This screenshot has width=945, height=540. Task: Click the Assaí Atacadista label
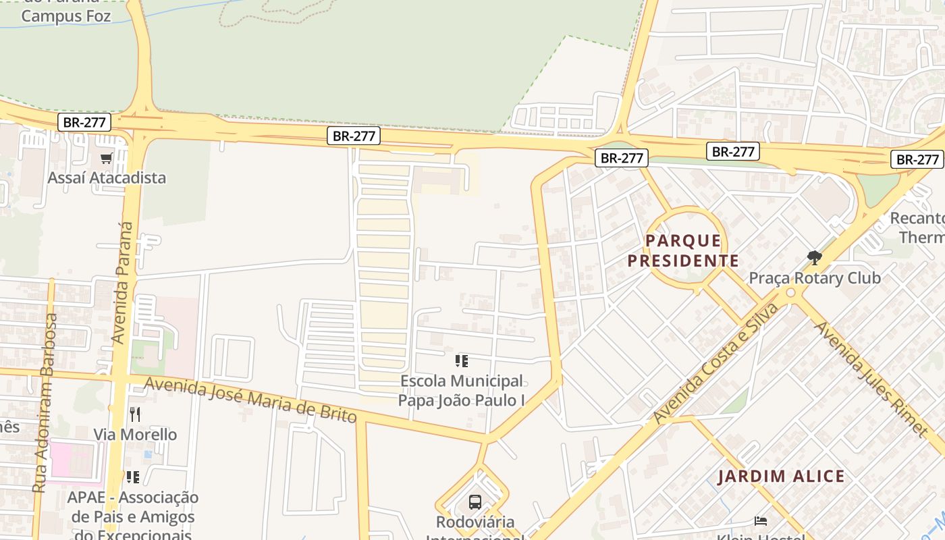pos(107,178)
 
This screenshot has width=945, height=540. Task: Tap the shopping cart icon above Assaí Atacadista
pos(106,159)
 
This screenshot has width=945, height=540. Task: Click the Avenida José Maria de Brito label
pos(250,400)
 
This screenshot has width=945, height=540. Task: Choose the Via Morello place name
pos(135,435)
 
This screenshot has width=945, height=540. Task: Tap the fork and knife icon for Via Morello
pos(135,414)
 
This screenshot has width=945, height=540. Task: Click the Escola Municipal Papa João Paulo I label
pos(462,391)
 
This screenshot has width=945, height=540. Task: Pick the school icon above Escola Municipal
pos(462,361)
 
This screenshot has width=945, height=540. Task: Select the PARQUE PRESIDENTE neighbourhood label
pos(683,250)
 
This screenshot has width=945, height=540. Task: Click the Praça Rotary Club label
pos(815,278)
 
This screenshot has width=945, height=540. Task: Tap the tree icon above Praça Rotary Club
pos(815,257)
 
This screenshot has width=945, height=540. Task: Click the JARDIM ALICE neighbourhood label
pos(781,477)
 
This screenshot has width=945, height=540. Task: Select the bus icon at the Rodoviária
pos(475,502)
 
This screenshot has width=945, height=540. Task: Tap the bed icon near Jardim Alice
pos(761,520)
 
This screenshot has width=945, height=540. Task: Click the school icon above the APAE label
pos(133,477)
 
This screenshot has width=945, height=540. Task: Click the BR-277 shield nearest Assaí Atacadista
pos(84,123)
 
